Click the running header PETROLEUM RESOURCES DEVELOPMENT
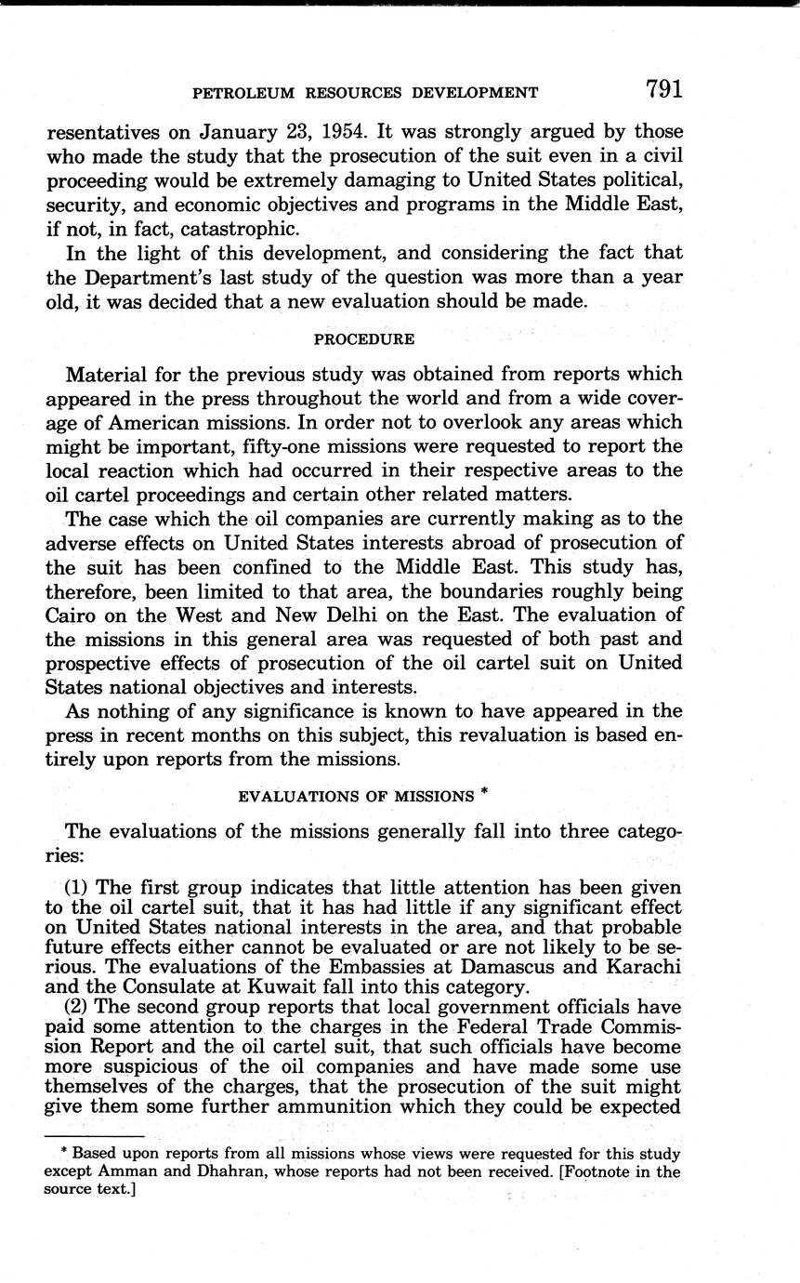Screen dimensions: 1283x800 tap(364, 93)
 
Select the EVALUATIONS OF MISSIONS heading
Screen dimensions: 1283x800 tap(356, 796)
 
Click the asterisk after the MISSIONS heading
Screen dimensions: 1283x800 tap(486, 792)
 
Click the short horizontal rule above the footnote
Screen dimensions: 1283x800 tap(93, 1136)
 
